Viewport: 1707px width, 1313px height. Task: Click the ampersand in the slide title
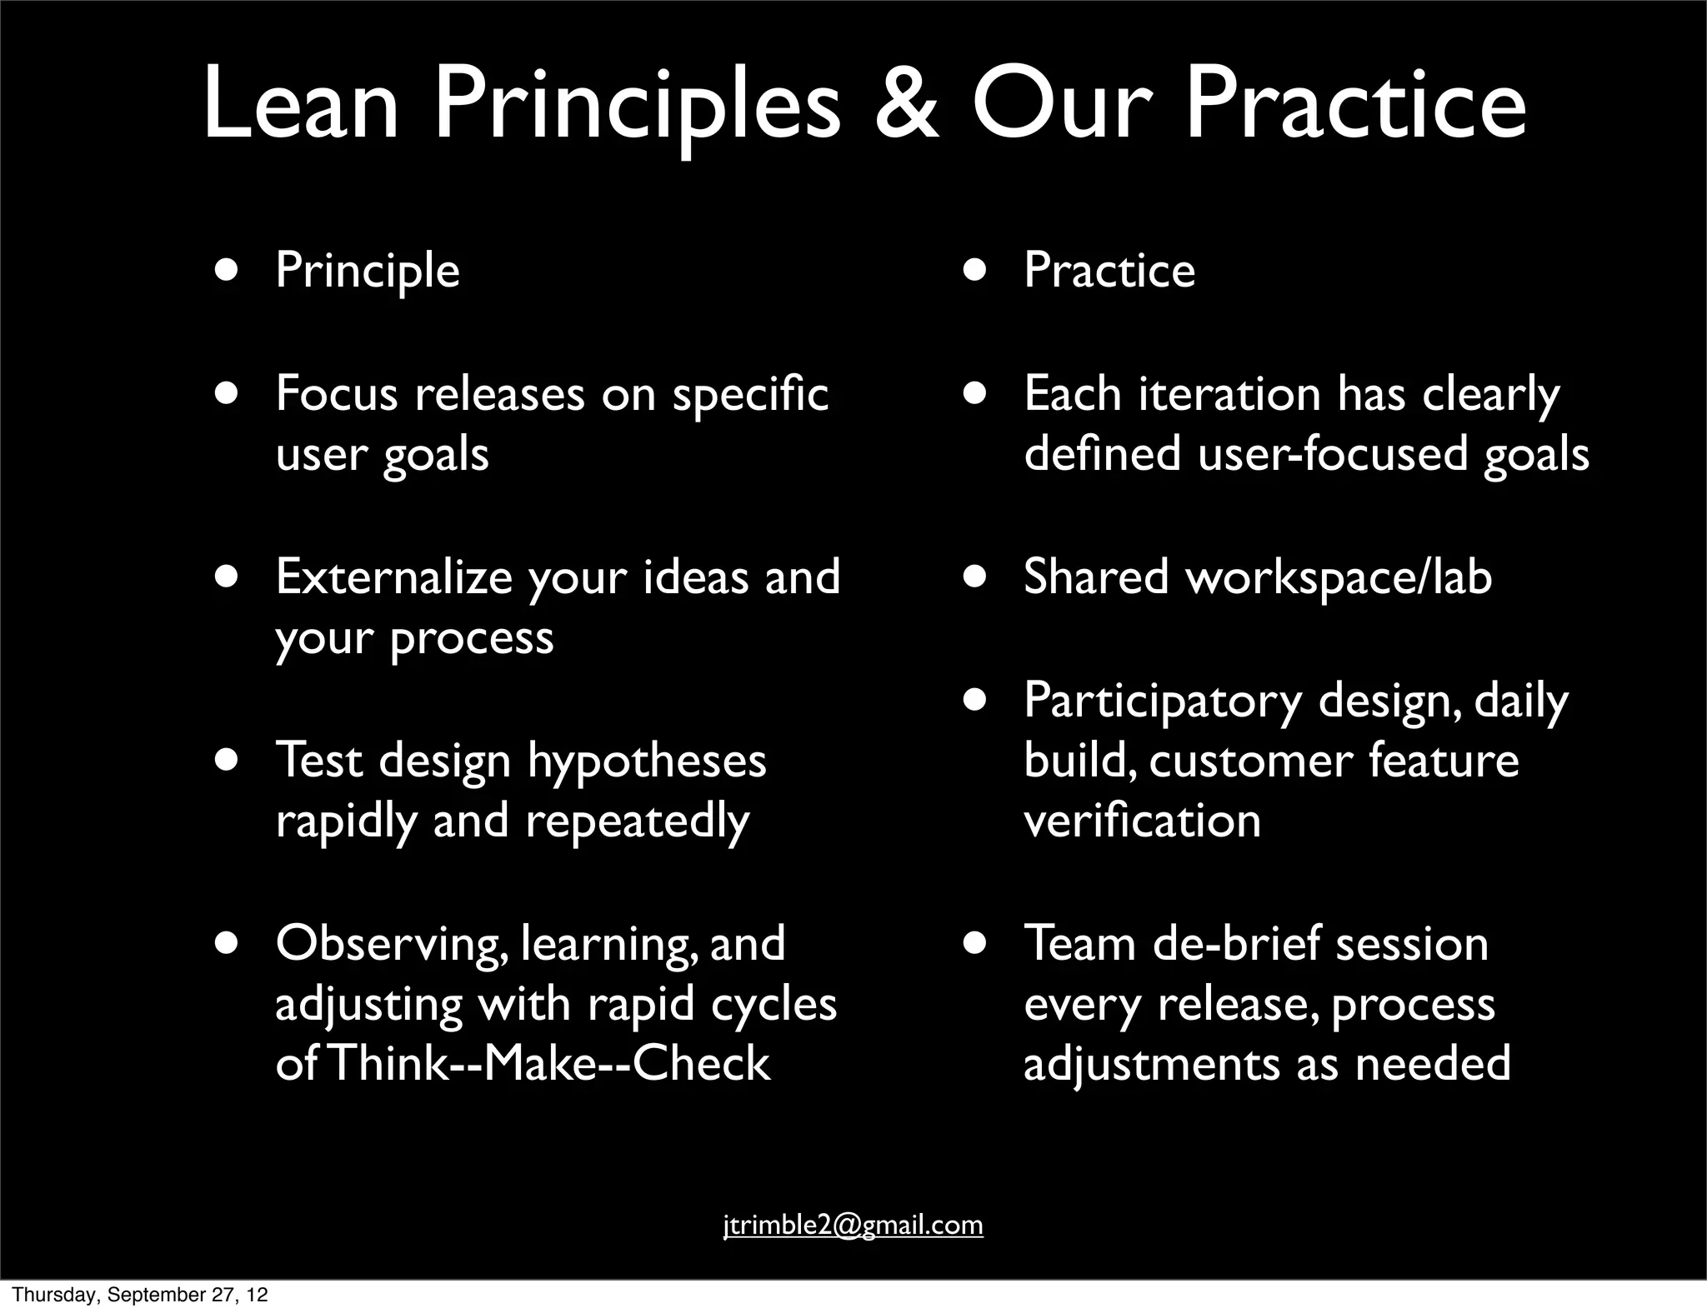tap(907, 107)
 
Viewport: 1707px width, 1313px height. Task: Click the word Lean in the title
tap(301, 107)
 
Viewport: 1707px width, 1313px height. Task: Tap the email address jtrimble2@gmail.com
tap(853, 1225)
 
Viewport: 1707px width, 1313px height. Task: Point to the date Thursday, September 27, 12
tap(140, 1295)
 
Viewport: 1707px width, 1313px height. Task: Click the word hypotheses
tap(647, 761)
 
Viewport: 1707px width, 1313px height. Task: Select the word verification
tap(1142, 821)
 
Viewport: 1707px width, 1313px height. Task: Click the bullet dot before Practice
tap(974, 272)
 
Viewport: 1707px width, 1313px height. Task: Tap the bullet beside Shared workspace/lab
tap(974, 577)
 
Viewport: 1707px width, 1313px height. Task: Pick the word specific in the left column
tap(750, 395)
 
